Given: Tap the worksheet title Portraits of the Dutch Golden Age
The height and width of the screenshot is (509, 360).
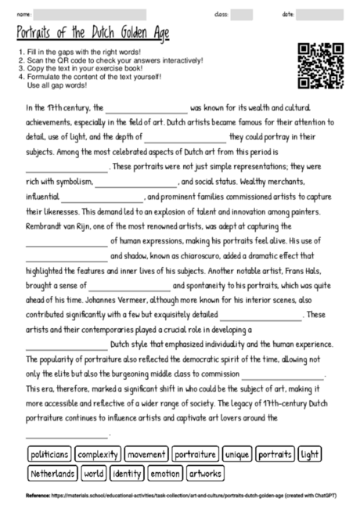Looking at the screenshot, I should point(92,34).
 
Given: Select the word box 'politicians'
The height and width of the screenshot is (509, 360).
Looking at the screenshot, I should point(49,454).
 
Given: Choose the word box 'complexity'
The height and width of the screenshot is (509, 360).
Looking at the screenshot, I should point(99,454).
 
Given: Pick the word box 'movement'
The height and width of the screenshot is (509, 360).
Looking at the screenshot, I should point(146,454).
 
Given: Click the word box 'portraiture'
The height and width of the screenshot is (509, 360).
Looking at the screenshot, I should point(195,454).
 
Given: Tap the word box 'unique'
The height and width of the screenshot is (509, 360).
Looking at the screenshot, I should point(237,454).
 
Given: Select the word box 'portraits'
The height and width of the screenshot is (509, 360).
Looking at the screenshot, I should point(275,454).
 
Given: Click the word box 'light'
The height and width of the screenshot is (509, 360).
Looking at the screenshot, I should point(311,454).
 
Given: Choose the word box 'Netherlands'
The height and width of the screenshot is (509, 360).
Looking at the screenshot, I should point(53,473).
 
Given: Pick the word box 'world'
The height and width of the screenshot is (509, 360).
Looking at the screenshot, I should point(94,473).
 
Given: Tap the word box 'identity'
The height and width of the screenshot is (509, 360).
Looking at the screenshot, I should point(127,473).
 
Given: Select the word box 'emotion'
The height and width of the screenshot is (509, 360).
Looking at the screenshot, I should point(165,473).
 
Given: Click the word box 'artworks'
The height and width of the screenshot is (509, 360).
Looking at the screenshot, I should point(205,473).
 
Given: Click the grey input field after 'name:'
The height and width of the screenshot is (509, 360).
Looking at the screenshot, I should point(90,14).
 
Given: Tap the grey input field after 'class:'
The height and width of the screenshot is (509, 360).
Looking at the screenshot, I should point(242,14).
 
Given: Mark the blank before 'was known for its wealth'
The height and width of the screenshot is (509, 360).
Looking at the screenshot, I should point(146,109).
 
